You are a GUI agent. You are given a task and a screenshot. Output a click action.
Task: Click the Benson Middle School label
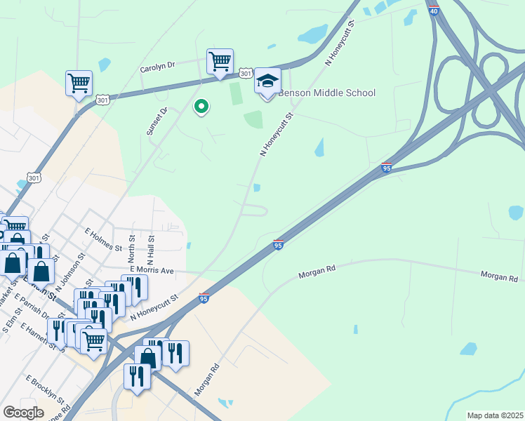(x=327, y=93)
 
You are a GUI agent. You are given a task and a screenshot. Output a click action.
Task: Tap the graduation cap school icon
(x=267, y=82)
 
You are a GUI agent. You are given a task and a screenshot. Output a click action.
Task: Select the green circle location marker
(x=201, y=107)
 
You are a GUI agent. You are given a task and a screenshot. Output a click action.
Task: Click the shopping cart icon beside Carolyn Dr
(x=220, y=62)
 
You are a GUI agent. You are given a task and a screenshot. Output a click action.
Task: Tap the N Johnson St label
(x=72, y=269)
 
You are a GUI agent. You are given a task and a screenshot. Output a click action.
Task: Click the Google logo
(x=23, y=412)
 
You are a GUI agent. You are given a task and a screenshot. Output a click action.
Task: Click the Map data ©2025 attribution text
(x=495, y=415)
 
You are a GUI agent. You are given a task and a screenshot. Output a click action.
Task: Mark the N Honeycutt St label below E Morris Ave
(x=154, y=307)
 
